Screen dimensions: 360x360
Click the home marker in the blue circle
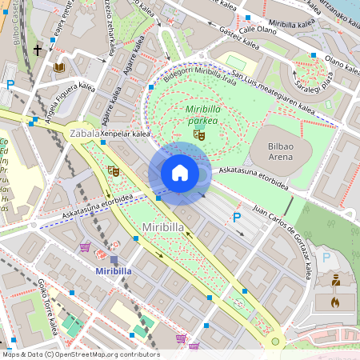[180, 173]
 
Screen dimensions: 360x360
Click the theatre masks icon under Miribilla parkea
[199, 134]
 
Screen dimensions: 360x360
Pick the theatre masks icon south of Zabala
[114, 170]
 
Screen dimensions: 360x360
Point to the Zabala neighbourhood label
[86, 133]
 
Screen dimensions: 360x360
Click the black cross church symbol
[38, 50]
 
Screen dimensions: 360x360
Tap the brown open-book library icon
[58, 69]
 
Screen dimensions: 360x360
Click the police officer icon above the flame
[336, 281]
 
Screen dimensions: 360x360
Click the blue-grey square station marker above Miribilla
[114, 259]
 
